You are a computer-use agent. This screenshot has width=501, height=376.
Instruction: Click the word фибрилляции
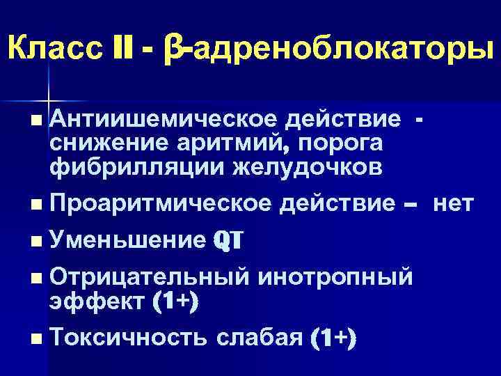[x=134, y=167]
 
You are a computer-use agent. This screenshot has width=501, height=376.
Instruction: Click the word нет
[x=453, y=204]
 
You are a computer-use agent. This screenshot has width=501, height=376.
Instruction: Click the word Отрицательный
[x=149, y=276]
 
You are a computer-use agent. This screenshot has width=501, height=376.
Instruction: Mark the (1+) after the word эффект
[x=172, y=301]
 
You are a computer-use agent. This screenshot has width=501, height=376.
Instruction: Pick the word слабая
[x=259, y=338]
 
